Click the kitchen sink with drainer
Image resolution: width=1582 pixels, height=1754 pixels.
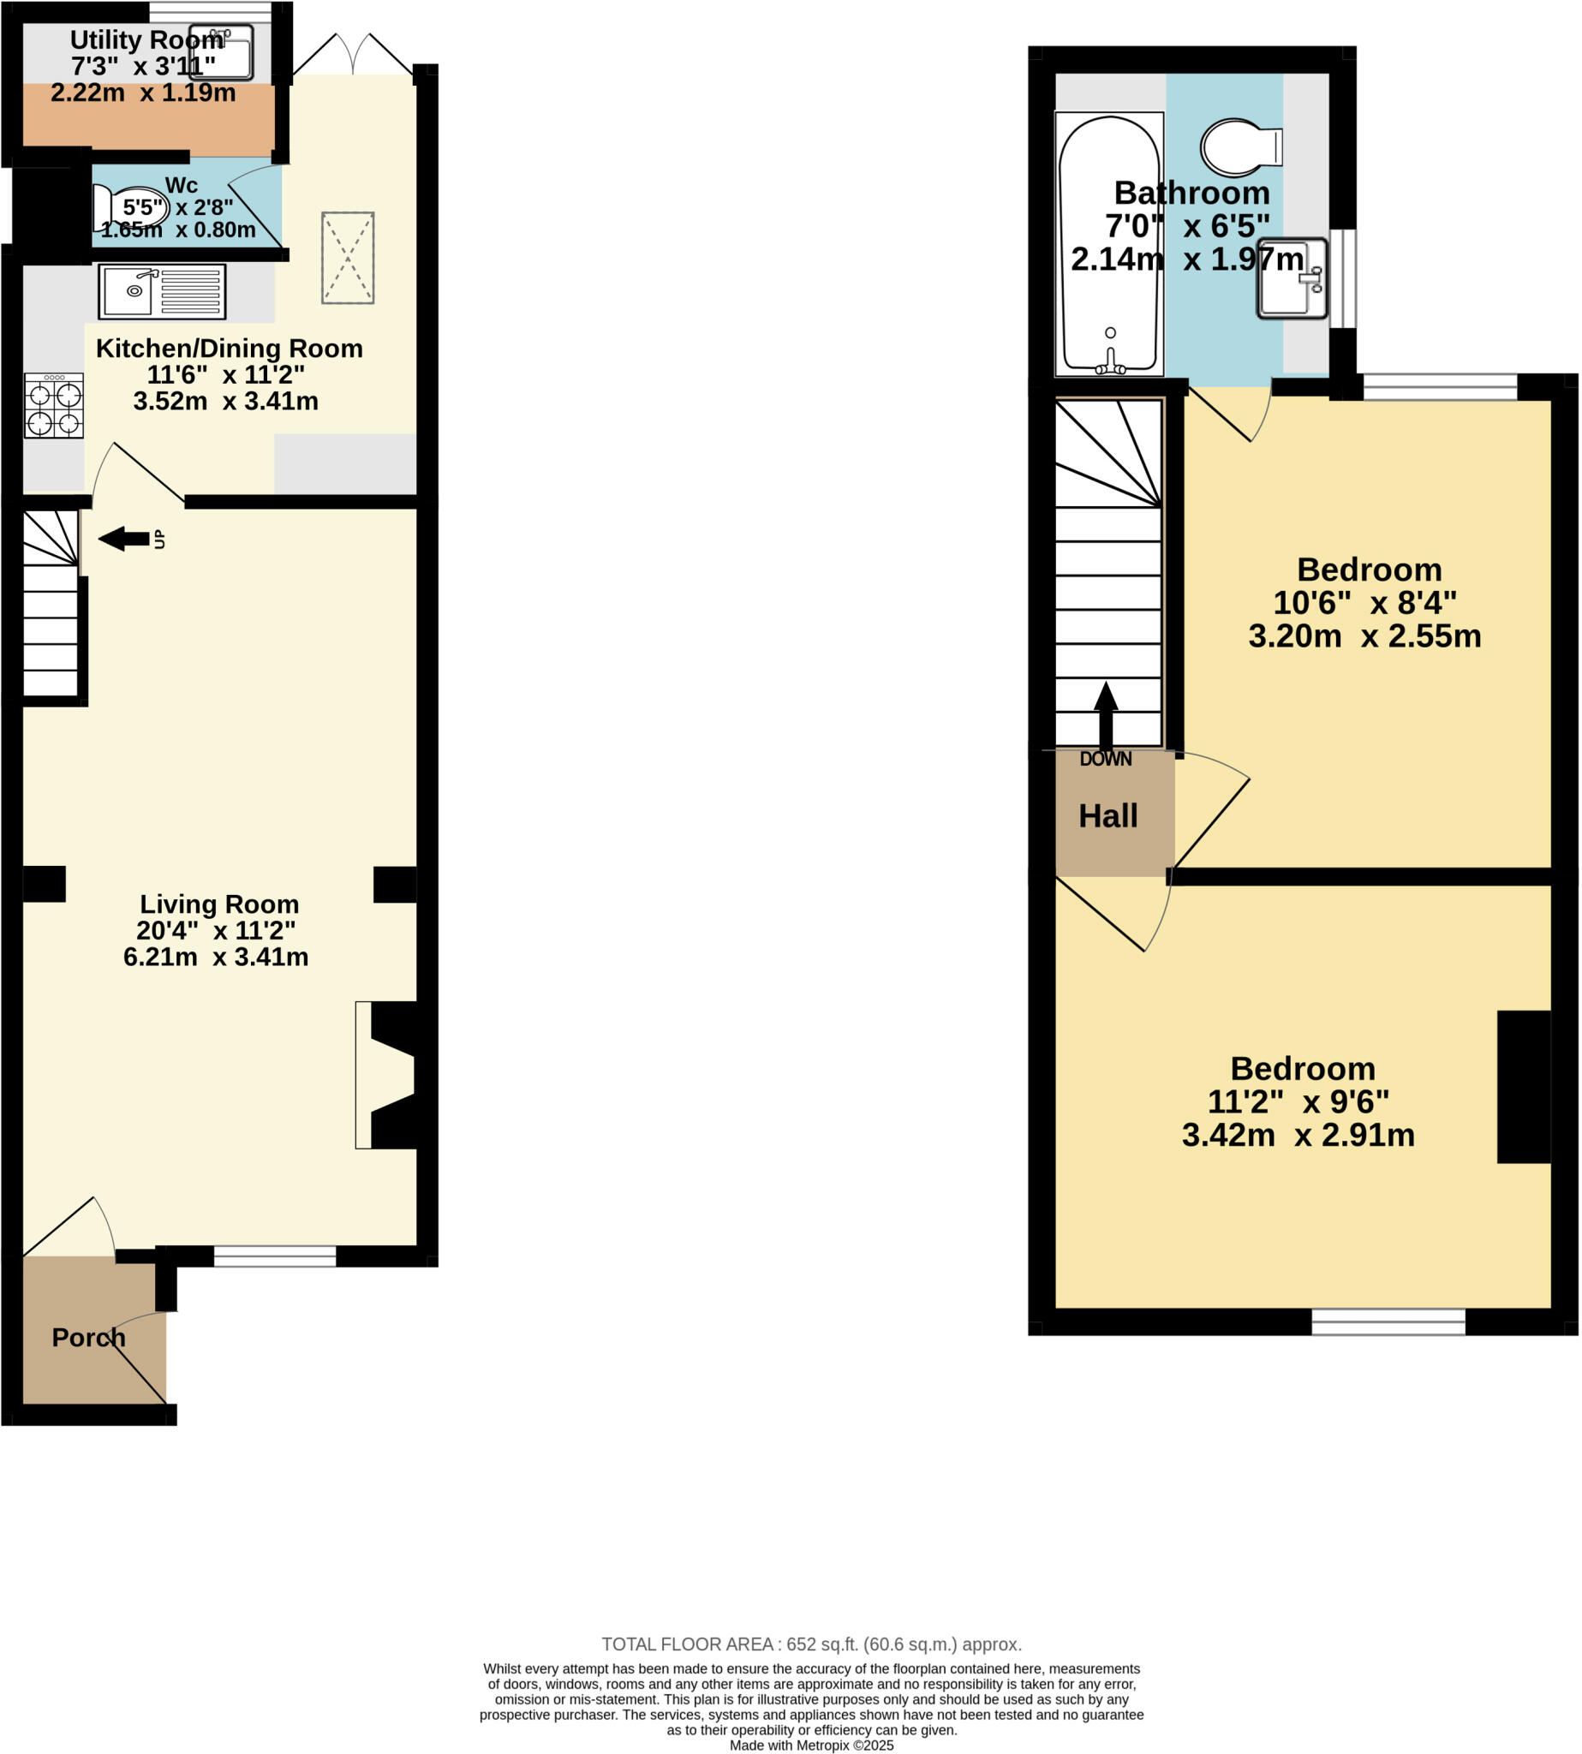pyautogui.click(x=162, y=291)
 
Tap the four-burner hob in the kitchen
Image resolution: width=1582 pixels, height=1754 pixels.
pyautogui.click(x=54, y=406)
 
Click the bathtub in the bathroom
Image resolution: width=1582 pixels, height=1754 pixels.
pyautogui.click(x=1109, y=245)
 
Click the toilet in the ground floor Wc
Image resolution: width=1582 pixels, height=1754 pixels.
pyautogui.click(x=130, y=209)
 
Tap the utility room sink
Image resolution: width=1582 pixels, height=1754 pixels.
pyautogui.click(x=222, y=52)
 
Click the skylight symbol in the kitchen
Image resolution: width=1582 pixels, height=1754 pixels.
pyautogui.click(x=348, y=257)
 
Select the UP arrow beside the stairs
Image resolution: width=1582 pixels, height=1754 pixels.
pyautogui.click(x=124, y=539)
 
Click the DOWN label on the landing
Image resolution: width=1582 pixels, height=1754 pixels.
pyautogui.click(x=1105, y=759)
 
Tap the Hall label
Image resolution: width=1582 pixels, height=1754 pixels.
pyautogui.click(x=1107, y=815)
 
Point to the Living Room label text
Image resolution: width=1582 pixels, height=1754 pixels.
pyautogui.click(x=219, y=904)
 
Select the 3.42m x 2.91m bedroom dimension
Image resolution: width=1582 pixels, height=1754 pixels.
pyautogui.click(x=1298, y=1135)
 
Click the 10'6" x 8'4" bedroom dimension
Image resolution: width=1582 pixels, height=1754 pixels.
pyautogui.click(x=1364, y=602)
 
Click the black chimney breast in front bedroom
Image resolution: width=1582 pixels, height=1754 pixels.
pyautogui.click(x=1523, y=1087)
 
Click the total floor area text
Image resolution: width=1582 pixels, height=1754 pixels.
pyautogui.click(x=811, y=1644)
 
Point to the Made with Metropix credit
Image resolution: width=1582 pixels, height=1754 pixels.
pyautogui.click(x=811, y=1745)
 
